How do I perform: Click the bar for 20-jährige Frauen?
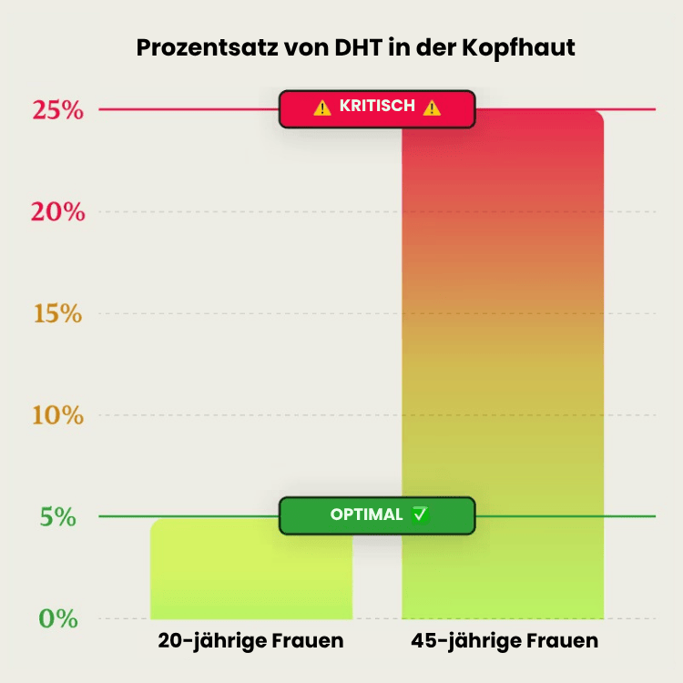250,569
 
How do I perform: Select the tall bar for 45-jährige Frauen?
503,364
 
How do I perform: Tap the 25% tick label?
58,110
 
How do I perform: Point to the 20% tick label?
58,212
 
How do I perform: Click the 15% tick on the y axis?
58,314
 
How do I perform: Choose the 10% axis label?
58,416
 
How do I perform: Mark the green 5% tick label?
58,517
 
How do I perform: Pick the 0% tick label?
58,618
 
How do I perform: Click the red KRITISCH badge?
377,107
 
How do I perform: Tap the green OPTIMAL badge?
377,515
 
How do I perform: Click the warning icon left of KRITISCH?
322,107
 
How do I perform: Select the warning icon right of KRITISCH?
432,107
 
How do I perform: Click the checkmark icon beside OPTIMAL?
420,515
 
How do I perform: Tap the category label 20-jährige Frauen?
250,641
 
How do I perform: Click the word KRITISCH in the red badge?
377,107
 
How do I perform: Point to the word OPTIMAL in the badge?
366,515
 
